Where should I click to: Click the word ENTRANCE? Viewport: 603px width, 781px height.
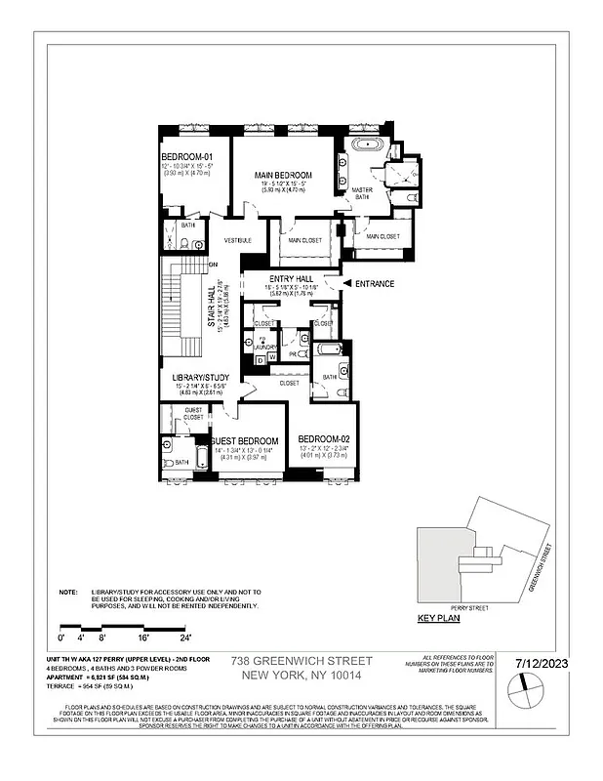[x=377, y=284]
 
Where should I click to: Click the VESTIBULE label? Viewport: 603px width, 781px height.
[x=238, y=240]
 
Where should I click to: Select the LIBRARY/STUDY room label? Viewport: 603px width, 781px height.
[x=201, y=378]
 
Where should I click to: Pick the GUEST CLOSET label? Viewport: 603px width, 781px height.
[x=193, y=413]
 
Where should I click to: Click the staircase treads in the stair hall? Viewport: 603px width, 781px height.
[x=176, y=303]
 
